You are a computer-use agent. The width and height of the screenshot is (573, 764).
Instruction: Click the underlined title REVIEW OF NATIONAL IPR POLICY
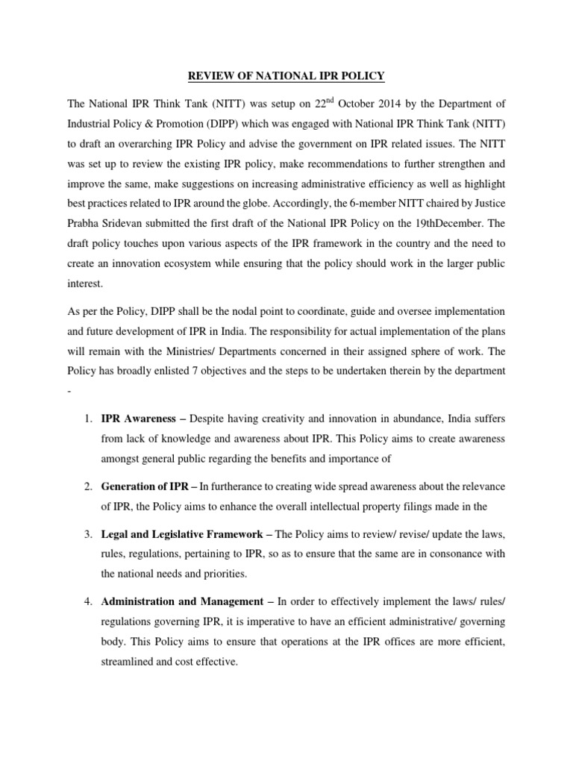point(286,75)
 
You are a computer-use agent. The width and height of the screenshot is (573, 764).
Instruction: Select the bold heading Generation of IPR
point(145,486)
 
